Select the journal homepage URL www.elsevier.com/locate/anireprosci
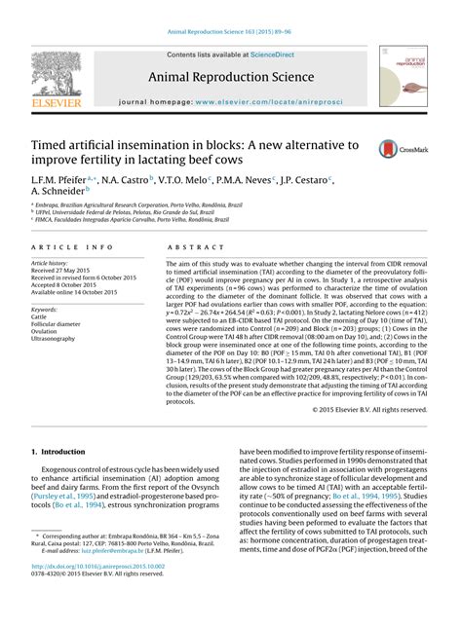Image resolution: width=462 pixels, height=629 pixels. (271, 101)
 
